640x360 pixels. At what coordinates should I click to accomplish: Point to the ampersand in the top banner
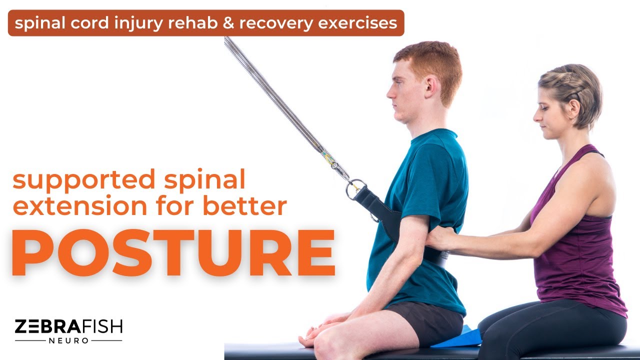point(228,23)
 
